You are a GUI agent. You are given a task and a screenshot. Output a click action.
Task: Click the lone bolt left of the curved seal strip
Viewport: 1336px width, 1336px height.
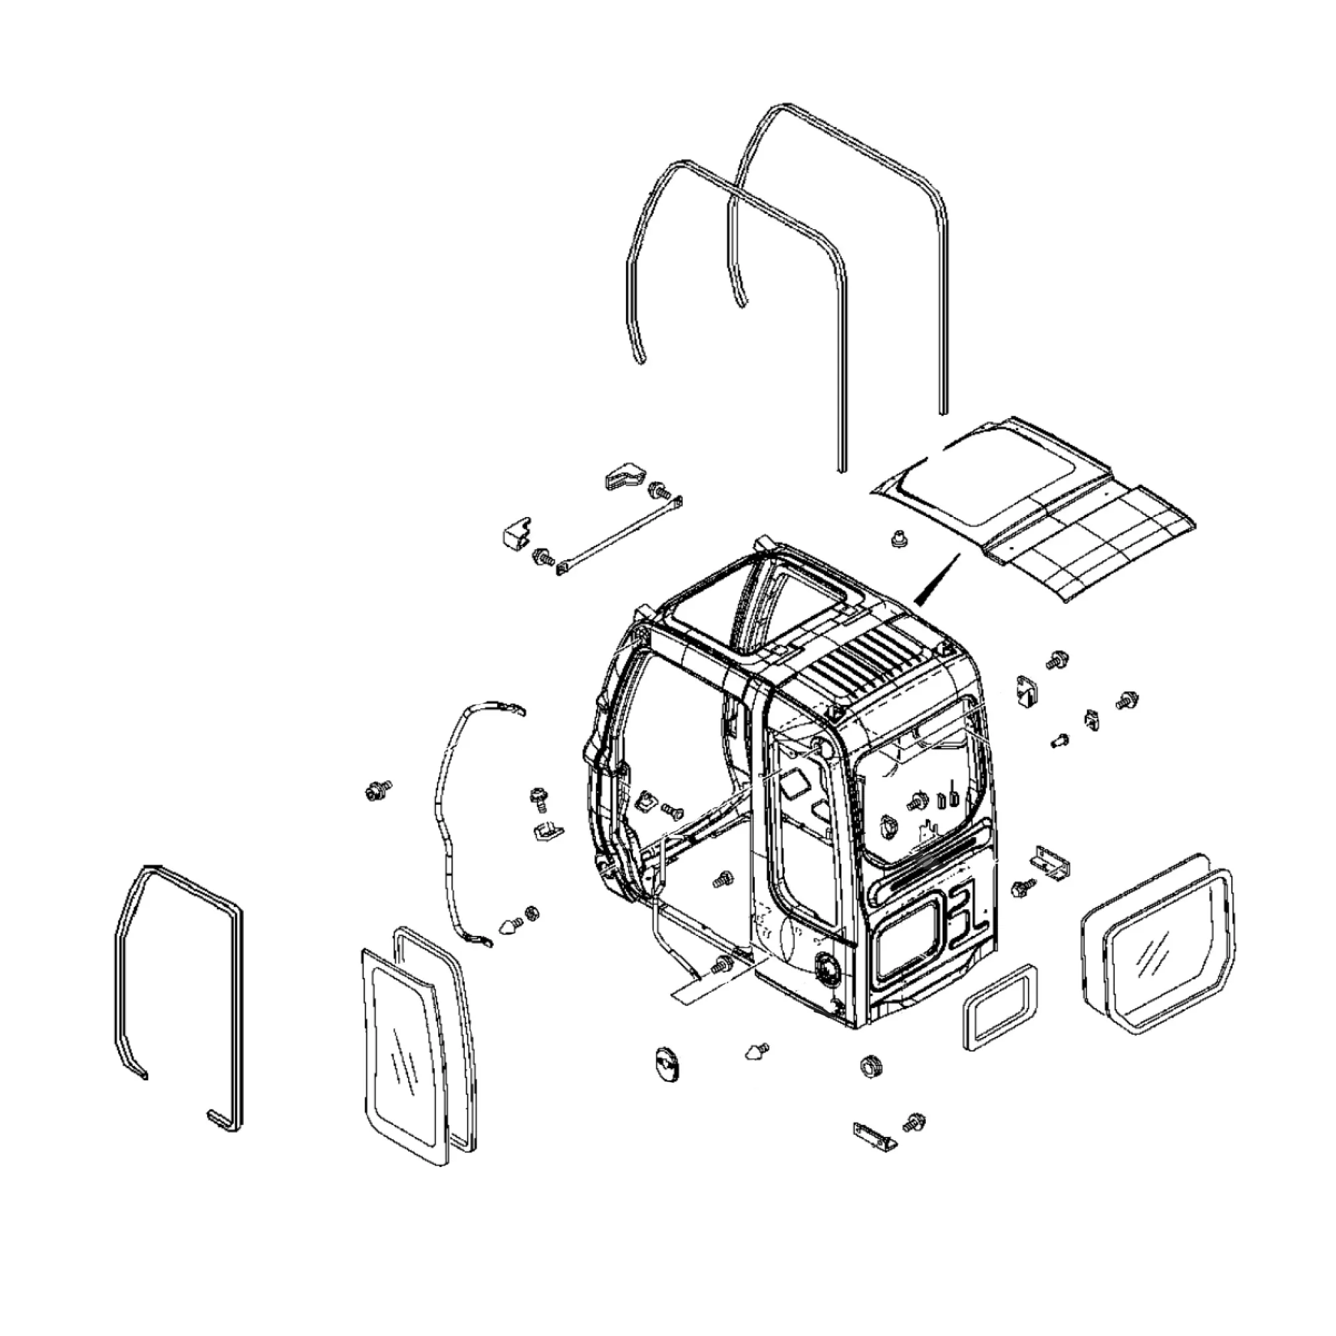coord(377,789)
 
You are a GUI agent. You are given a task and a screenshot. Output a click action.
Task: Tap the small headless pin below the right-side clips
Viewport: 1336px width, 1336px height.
coord(1059,741)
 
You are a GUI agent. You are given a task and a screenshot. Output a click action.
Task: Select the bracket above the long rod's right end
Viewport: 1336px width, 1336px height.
coord(625,475)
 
